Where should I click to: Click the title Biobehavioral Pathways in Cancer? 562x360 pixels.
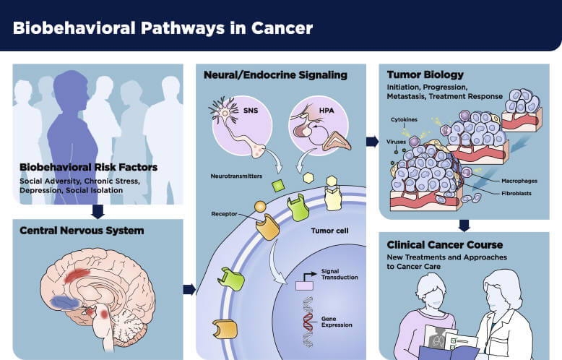163,28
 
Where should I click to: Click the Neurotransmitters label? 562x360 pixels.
235,176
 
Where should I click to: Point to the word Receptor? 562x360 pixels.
224,214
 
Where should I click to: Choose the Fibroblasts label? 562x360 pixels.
500,193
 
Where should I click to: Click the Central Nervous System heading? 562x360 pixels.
82,231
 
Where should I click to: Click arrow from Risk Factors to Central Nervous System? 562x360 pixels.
99,212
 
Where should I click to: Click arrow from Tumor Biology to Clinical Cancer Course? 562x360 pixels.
464,225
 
